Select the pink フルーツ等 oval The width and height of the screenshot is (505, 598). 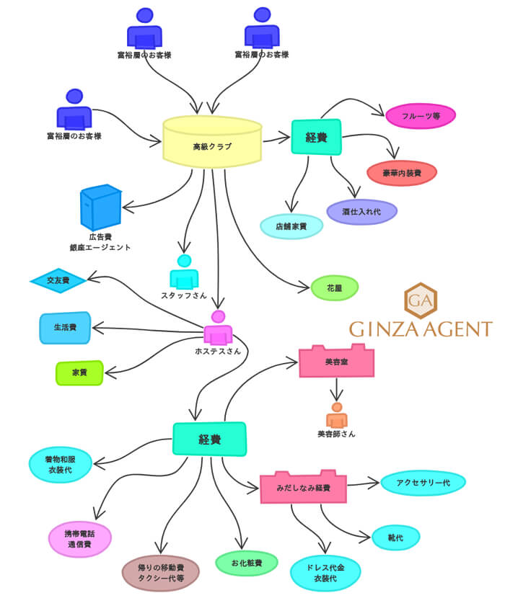[421, 115]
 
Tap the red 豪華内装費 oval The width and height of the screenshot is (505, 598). [401, 173]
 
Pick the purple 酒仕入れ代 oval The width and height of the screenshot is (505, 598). [361, 212]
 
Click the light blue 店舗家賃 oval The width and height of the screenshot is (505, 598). [291, 226]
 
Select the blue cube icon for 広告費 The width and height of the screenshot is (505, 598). [102, 207]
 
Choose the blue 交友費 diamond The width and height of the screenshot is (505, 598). [58, 280]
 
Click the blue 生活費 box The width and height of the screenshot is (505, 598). [65, 328]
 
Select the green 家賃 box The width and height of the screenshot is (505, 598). [79, 373]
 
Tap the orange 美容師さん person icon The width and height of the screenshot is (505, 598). [336, 416]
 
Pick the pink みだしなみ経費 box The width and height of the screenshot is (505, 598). [303, 488]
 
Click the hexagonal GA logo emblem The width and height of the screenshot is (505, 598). [420, 300]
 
